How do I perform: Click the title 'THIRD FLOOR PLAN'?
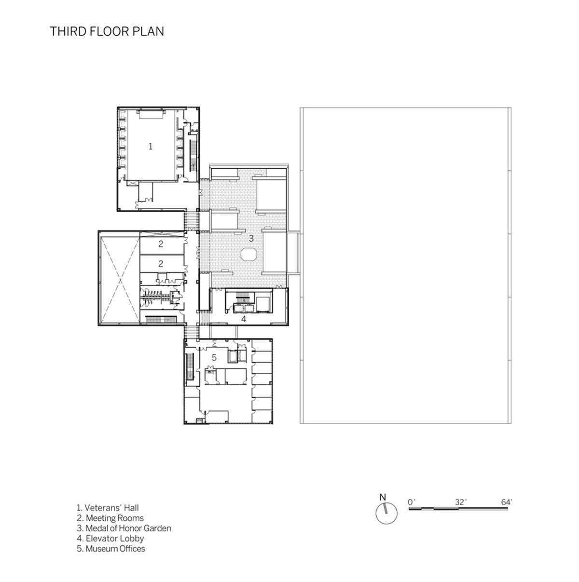(x=107, y=31)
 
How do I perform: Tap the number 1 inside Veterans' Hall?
(x=150, y=147)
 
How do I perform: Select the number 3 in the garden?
(x=251, y=238)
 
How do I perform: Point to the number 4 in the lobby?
(x=243, y=319)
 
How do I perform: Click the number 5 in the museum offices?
(x=214, y=358)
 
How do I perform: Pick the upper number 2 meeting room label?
(x=161, y=244)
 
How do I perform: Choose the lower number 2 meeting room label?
(x=161, y=264)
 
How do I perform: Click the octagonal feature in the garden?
(x=249, y=254)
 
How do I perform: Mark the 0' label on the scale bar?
(x=412, y=502)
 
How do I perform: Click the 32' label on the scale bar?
(x=461, y=502)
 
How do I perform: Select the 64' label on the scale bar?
(x=507, y=502)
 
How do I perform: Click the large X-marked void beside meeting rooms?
(x=120, y=280)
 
